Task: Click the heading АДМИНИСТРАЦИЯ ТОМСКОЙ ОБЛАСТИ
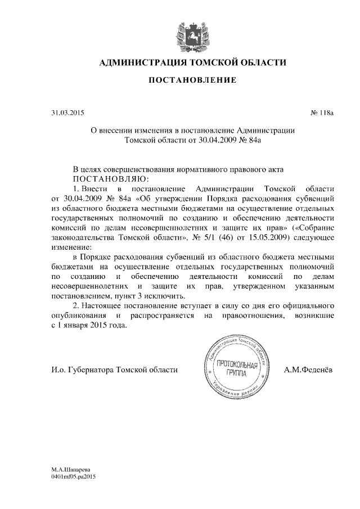(x=192, y=62)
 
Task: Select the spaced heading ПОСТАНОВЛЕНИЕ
(x=192, y=82)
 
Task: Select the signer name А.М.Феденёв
(x=309, y=370)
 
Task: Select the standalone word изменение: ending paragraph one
(x=70, y=247)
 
